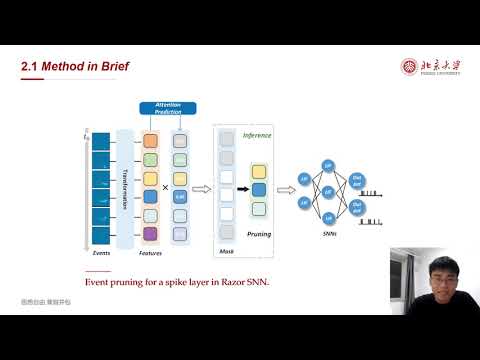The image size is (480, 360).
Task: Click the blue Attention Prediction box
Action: [x=168, y=108]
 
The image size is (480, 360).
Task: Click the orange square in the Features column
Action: [x=150, y=141]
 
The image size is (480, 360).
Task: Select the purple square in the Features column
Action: [x=150, y=233]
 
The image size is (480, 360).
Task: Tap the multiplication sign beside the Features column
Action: [x=166, y=187]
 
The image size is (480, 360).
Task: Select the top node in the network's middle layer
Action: [x=327, y=165]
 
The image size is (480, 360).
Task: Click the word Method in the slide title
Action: [x=58, y=67]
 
